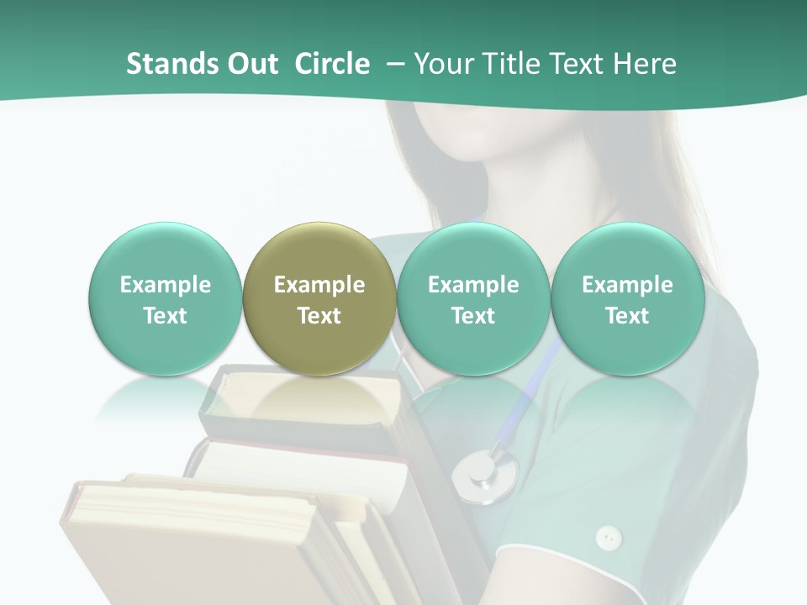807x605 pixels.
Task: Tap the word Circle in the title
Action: (332, 64)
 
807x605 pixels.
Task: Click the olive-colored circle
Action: (319, 300)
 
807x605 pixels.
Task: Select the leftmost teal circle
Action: (165, 300)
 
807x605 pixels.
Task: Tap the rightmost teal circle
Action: (627, 300)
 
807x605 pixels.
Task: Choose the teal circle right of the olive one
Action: (473, 300)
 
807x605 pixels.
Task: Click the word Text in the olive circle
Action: (319, 316)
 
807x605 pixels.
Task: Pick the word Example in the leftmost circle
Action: (165, 285)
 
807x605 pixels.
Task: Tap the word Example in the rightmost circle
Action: (627, 285)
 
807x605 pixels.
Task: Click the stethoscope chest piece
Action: (483, 475)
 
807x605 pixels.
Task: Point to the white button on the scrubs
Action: (608, 537)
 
